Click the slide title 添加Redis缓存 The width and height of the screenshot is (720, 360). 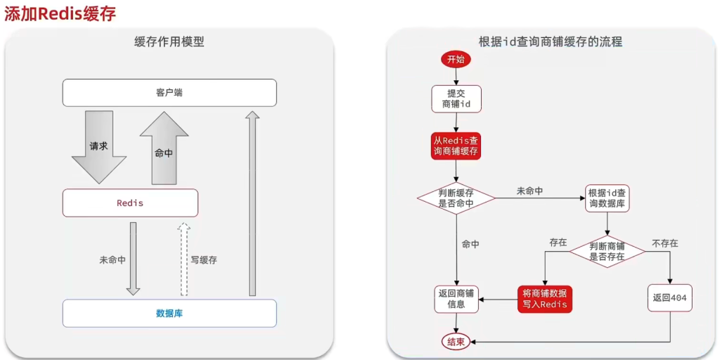pyautogui.click(x=60, y=13)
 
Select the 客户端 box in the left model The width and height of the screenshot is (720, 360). pyautogui.click(x=169, y=93)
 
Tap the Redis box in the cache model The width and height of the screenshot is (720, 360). pyautogui.click(x=130, y=203)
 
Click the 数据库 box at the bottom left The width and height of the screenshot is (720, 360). pyautogui.click(x=169, y=314)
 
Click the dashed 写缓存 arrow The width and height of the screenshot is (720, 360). pyautogui.click(x=184, y=259)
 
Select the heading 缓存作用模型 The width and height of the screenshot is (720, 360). pyautogui.click(x=169, y=41)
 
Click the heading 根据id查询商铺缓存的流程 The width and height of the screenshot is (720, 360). pyautogui.click(x=551, y=41)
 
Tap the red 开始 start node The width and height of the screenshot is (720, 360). pyautogui.click(x=456, y=60)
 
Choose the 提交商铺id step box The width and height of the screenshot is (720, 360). pyautogui.click(x=456, y=99)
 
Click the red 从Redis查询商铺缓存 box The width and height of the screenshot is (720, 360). pyautogui.click(x=456, y=146)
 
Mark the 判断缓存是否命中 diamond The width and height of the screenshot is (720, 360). pyautogui.click(x=456, y=198)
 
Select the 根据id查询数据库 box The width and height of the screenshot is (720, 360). pyautogui.click(x=607, y=198)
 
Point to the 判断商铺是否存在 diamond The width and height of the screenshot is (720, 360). pyautogui.click(x=607, y=252)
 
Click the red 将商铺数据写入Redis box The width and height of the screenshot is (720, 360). pyautogui.click(x=544, y=299)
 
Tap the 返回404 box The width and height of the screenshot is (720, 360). pyautogui.click(x=669, y=298)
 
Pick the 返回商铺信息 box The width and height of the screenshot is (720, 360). pyautogui.click(x=456, y=299)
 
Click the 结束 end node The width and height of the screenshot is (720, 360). pyautogui.click(x=456, y=342)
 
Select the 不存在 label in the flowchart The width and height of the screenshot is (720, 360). pyautogui.click(x=664, y=243)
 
